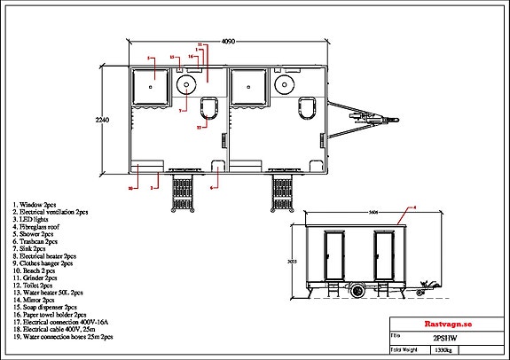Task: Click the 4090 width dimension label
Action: [228, 41]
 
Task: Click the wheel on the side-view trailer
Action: [358, 290]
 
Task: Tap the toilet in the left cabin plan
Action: [209, 109]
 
